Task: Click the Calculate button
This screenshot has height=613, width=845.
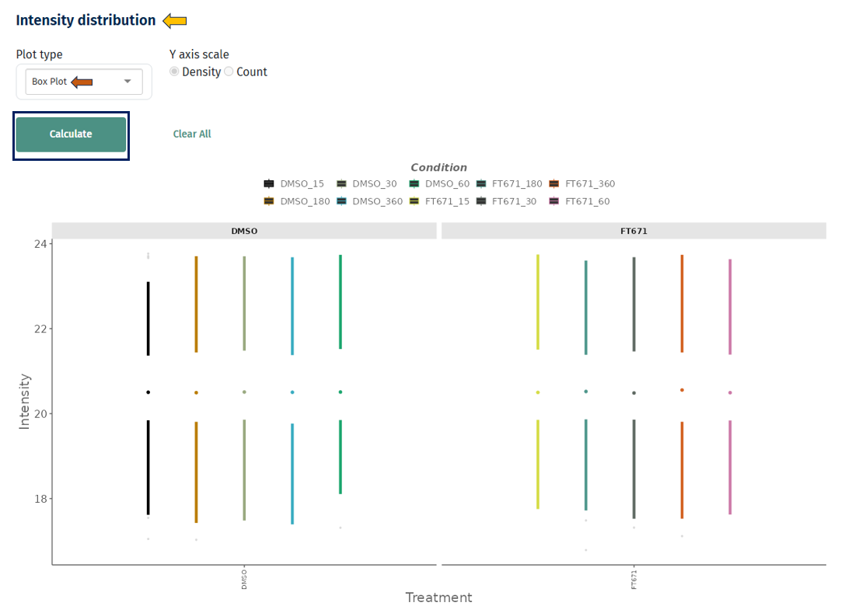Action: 71,134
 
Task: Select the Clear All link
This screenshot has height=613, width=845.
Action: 192,134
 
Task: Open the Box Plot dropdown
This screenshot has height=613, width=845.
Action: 84,82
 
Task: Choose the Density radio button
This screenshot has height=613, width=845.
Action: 174,71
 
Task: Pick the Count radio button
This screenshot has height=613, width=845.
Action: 229,71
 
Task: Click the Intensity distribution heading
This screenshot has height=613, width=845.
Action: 86,21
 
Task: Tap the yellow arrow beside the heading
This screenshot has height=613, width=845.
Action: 175,21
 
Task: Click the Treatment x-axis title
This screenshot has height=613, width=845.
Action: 438,597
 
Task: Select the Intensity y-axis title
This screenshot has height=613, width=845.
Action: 25,401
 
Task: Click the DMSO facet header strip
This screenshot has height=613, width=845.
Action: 244,232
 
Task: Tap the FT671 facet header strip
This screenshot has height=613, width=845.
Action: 634,232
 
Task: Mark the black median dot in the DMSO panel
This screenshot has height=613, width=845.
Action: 148,392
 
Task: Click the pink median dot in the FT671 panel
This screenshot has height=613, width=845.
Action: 730,392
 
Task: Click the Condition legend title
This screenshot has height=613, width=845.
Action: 438,168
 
